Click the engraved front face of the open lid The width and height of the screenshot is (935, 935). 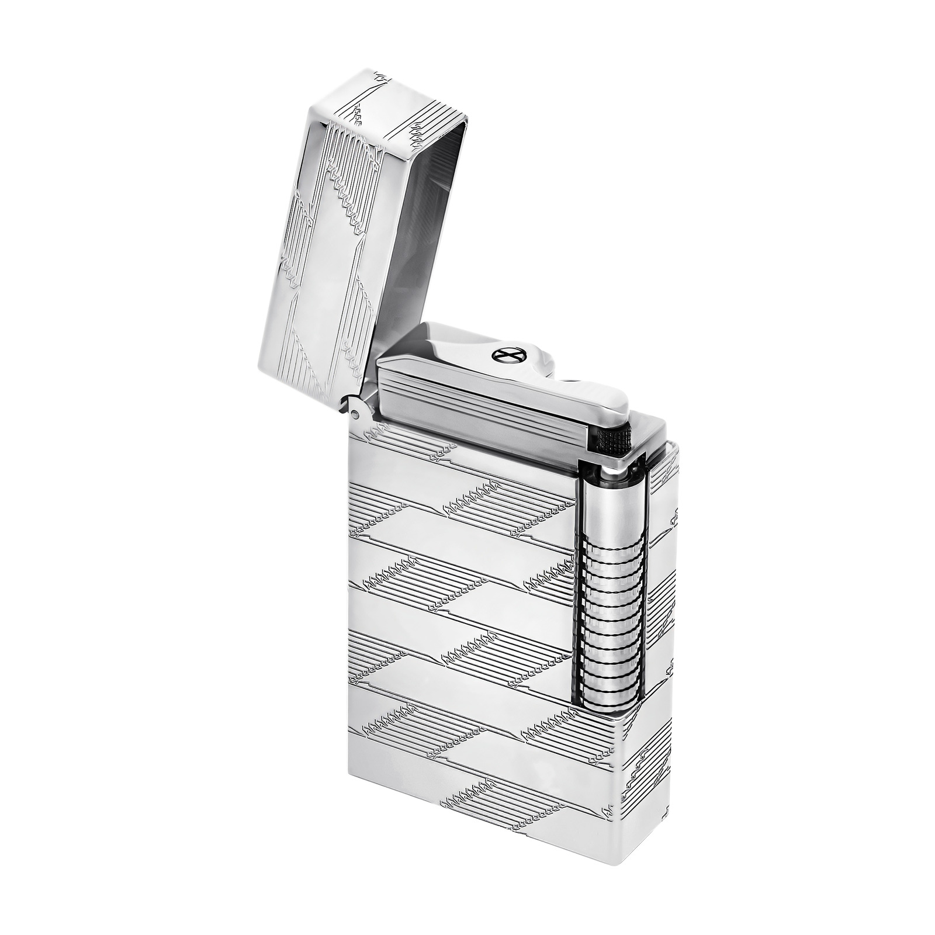point(327,245)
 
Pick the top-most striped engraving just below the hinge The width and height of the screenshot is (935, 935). point(409,444)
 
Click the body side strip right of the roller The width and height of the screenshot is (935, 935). point(663,584)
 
